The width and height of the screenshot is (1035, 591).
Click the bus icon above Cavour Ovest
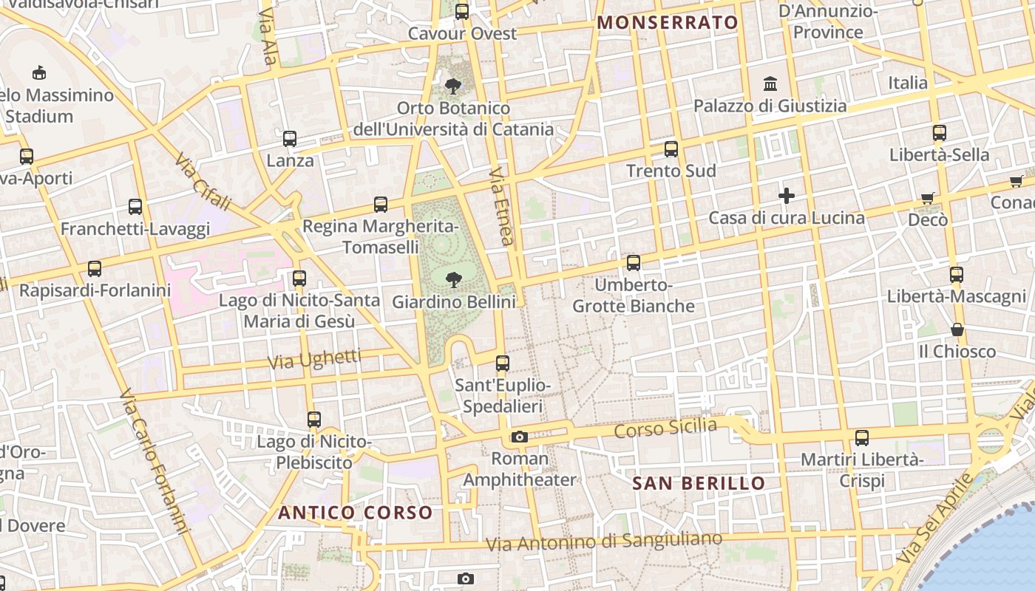pyautogui.click(x=462, y=12)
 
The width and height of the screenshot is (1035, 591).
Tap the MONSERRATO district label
pyautogui.click(x=668, y=22)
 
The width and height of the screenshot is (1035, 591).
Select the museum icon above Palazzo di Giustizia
pyautogui.click(x=770, y=83)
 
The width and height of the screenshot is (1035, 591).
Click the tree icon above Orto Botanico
pyautogui.click(x=453, y=86)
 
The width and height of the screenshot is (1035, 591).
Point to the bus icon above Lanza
pyautogui.click(x=290, y=139)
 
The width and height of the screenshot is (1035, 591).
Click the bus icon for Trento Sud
pyautogui.click(x=671, y=149)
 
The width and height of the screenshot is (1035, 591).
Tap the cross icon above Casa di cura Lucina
pyautogui.click(x=787, y=196)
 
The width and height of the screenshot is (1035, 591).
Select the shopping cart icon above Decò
pyautogui.click(x=928, y=198)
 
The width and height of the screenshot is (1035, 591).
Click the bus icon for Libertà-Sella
pyautogui.click(x=940, y=133)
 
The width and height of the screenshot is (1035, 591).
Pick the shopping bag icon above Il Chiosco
pyautogui.click(x=957, y=329)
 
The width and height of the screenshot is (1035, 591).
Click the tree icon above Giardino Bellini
pyautogui.click(x=453, y=279)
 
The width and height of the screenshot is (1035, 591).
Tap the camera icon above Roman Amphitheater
pyautogui.click(x=520, y=437)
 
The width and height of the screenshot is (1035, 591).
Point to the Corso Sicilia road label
pyautogui.click(x=666, y=427)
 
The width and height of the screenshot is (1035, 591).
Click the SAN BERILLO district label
pyautogui.click(x=699, y=484)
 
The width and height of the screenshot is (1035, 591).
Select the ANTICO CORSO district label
pyautogui.click(x=356, y=513)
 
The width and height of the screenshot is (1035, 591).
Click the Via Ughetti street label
pyautogui.click(x=314, y=360)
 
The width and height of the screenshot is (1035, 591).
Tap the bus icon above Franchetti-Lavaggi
pyautogui.click(x=135, y=207)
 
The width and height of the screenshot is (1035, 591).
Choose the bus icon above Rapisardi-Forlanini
pyautogui.click(x=95, y=269)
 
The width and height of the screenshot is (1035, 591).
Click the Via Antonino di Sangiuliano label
pyautogui.click(x=603, y=542)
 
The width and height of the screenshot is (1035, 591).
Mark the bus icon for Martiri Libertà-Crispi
pyautogui.click(x=862, y=437)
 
